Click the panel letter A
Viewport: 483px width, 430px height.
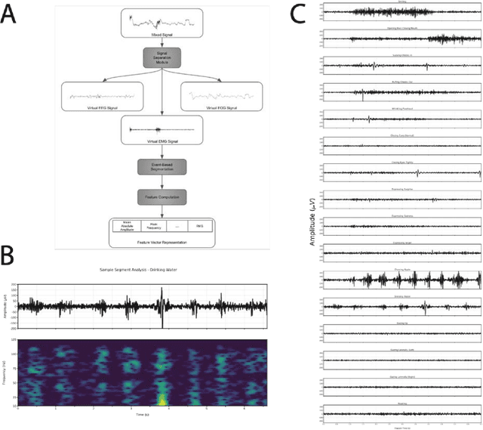pos(11,15)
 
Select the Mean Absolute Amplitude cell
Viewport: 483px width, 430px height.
pos(126,226)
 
